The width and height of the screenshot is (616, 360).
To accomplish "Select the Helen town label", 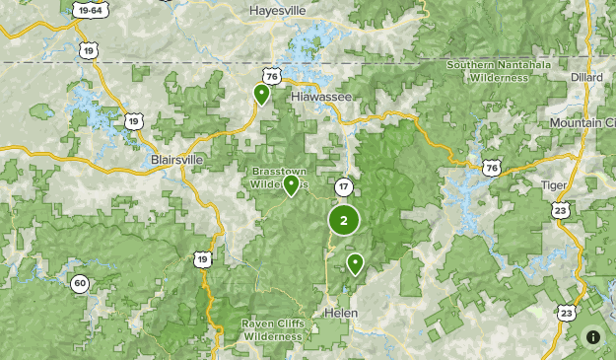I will [340, 313].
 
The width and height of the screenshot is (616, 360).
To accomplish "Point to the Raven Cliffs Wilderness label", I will [272, 330].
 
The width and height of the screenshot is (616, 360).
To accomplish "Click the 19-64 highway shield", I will [90, 11].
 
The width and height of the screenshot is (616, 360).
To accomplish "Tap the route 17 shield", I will [343, 186].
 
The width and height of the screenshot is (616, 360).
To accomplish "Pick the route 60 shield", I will [79, 283].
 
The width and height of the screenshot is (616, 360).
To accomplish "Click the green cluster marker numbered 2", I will [343, 221].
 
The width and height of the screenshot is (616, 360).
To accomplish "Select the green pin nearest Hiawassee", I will [261, 94].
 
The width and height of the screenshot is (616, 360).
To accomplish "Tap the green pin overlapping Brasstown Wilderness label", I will [291, 184].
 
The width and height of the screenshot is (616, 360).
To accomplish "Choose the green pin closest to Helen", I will [354, 262].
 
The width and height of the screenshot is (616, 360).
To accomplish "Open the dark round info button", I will [593, 336].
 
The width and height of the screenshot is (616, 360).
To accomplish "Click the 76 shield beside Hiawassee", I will [271, 76].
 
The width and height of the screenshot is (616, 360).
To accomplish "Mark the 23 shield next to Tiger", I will [561, 210].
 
